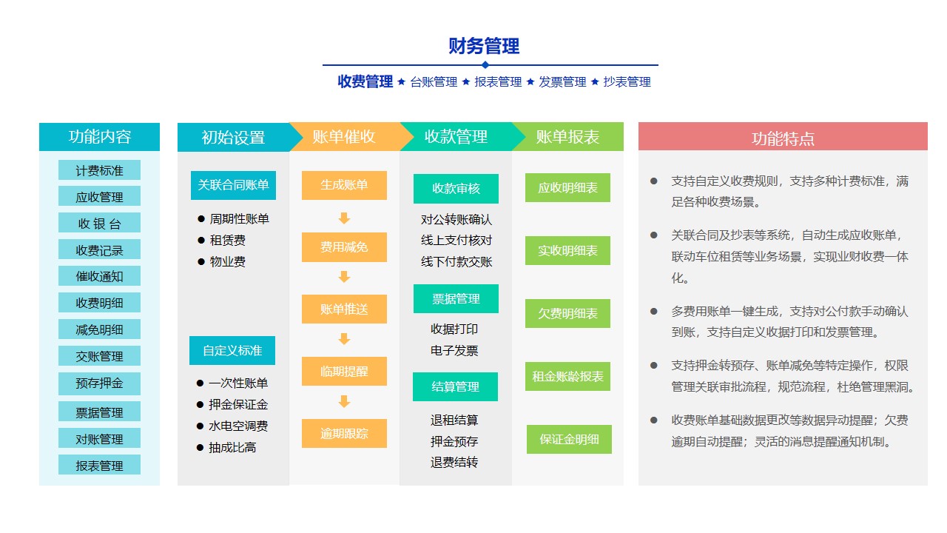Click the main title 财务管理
tap(484, 46)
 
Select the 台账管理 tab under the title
tap(434, 81)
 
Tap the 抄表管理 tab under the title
tap(627, 81)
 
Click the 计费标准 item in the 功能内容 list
tap(99, 170)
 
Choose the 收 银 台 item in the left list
tap(99, 223)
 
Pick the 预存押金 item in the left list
tap(99, 383)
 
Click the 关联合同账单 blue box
tap(233, 185)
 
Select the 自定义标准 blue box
tap(232, 350)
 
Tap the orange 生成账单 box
tap(344, 185)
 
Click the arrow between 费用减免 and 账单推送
tap(344, 277)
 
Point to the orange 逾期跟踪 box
tap(344, 433)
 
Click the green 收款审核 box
tap(456, 188)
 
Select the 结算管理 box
tap(455, 386)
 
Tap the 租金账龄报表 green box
tap(567, 376)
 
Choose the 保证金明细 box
tap(569, 439)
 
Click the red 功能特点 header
tap(783, 137)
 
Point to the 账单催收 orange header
tap(344, 137)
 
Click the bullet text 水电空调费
tap(238, 426)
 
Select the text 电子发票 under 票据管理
tap(454, 350)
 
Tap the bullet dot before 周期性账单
tap(201, 218)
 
